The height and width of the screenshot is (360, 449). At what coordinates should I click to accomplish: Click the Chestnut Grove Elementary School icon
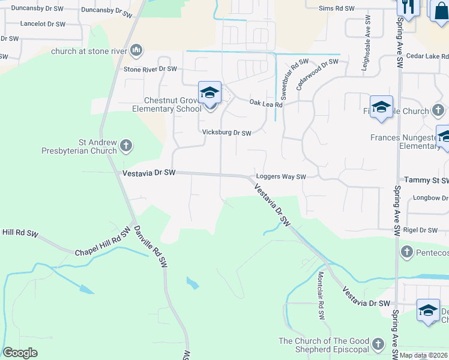(x=209, y=93)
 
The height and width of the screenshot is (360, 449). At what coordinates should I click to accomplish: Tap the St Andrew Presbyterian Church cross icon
(x=126, y=145)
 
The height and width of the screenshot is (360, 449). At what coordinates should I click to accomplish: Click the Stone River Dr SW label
(x=150, y=69)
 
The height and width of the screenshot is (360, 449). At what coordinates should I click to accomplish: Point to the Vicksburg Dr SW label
(x=226, y=133)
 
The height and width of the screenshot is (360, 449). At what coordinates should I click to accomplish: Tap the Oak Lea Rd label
(x=266, y=104)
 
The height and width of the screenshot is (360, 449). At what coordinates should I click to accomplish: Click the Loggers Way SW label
(x=281, y=177)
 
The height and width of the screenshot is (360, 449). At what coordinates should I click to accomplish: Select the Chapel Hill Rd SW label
(x=103, y=242)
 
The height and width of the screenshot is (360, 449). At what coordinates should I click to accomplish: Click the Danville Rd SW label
(x=150, y=247)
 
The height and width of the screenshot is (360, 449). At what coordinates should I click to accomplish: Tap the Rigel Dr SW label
(x=421, y=230)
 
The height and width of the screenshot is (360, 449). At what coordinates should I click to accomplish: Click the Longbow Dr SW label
(x=430, y=197)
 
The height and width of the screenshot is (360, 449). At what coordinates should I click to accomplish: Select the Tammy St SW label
(x=426, y=180)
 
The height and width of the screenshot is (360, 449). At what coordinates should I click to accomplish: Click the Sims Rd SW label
(x=337, y=9)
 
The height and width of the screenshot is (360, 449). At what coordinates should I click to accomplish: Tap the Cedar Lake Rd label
(x=428, y=56)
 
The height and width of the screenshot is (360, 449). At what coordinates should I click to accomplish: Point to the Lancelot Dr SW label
(x=42, y=24)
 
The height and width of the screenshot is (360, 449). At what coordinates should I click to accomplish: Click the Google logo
(x=20, y=353)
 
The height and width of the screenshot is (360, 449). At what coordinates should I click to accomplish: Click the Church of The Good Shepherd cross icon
(x=378, y=344)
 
